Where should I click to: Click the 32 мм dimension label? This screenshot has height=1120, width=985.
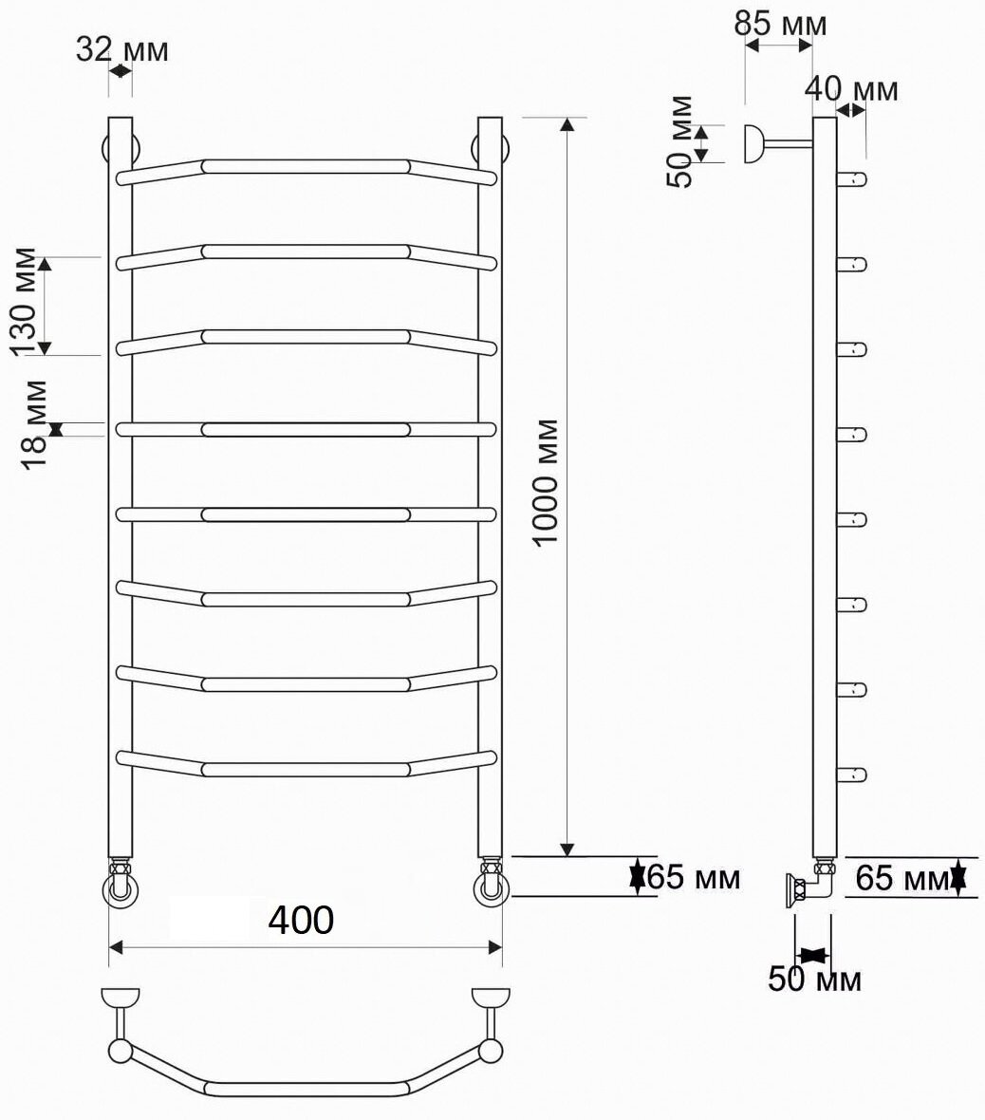click(122, 50)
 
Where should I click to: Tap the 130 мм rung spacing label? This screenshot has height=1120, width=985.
click(25, 302)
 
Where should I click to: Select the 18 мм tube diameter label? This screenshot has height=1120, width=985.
click(34, 424)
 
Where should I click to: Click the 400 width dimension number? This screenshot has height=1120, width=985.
click(301, 920)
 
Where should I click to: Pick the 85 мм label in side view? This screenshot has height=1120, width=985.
click(780, 24)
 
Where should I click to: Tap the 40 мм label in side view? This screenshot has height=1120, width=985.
click(851, 89)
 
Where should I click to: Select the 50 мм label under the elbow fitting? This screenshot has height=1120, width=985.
click(814, 979)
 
